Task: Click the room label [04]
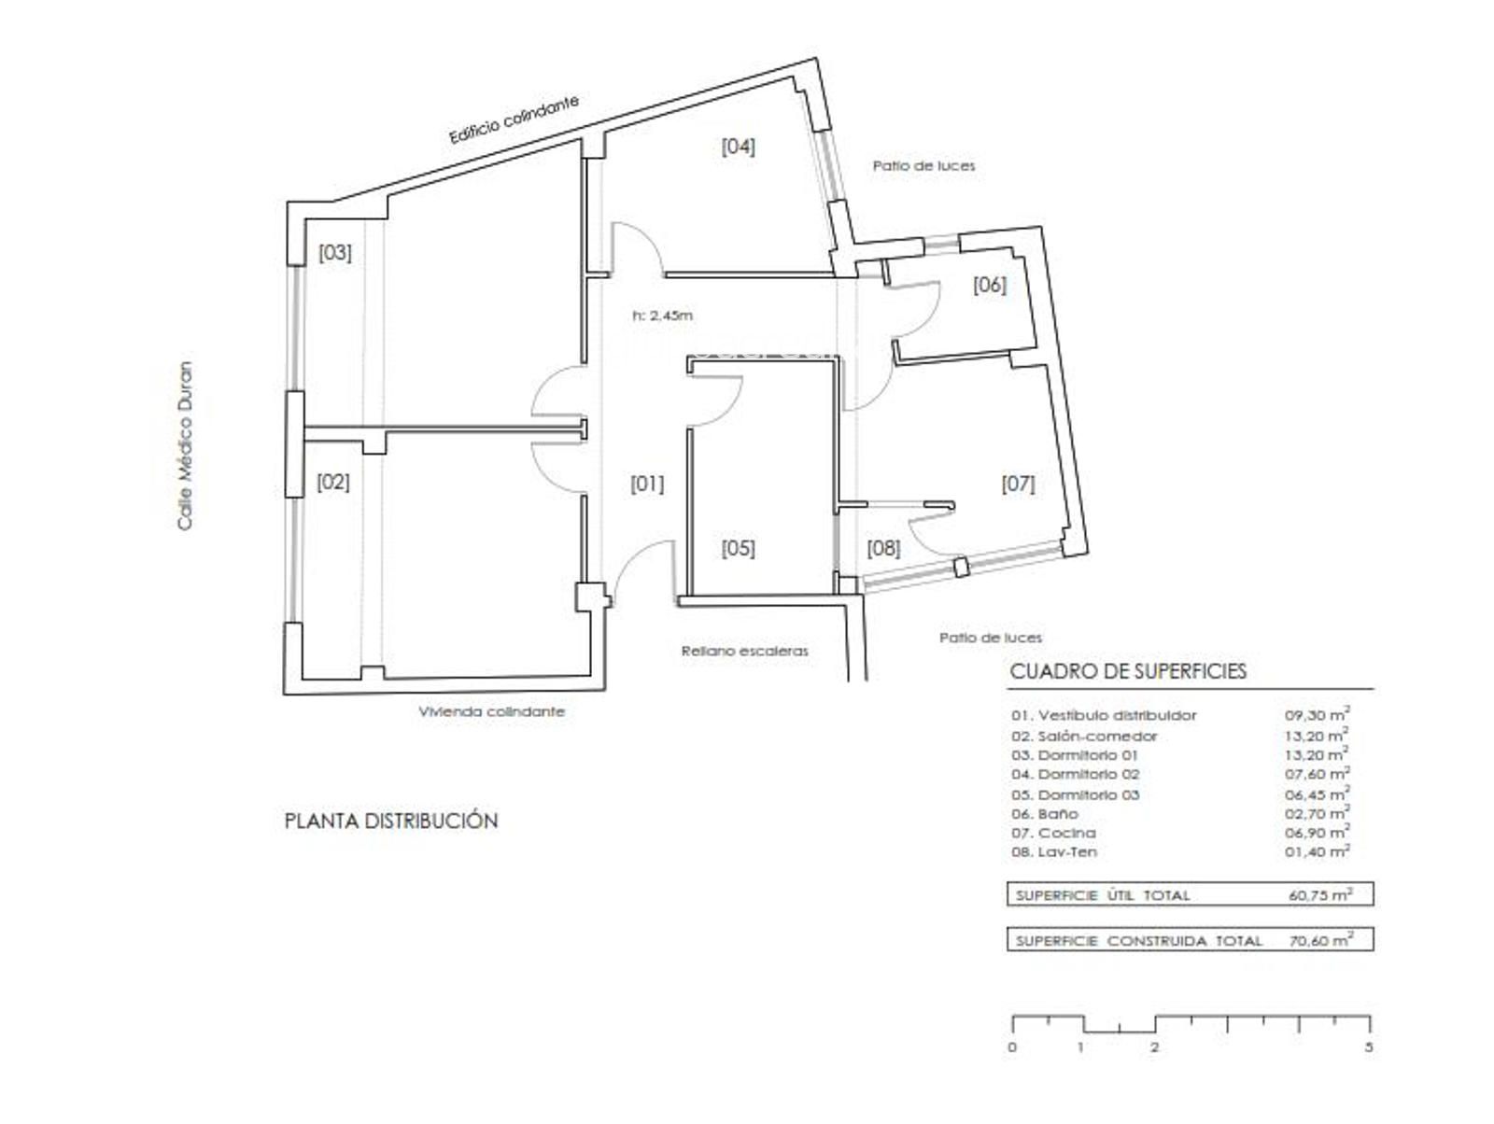tap(738, 147)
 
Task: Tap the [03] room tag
tap(335, 252)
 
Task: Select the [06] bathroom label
tap(989, 285)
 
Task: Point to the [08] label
tap(883, 548)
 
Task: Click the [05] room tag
tap(738, 548)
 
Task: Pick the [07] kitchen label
tap(1018, 484)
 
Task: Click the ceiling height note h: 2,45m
tap(662, 316)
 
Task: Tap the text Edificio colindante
tap(514, 119)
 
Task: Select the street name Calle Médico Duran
tap(185, 445)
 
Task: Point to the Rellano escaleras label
tap(744, 651)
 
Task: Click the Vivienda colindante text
tap(491, 711)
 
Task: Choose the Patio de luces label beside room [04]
tap(923, 165)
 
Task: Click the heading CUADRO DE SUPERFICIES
tap(1128, 671)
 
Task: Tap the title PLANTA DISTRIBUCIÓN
tap(391, 821)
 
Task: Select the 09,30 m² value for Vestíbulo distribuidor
tap(1317, 714)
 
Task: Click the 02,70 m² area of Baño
tap(1317, 813)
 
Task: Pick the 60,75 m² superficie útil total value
tap(1320, 894)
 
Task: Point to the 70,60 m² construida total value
tap(1320, 940)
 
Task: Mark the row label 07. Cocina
tap(1053, 833)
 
